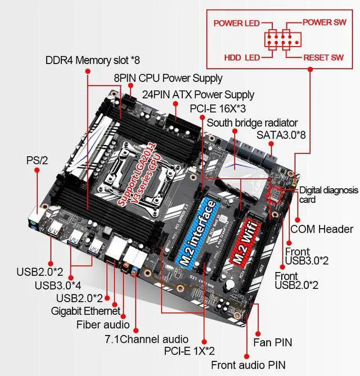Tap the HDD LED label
242,57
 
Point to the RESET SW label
323,57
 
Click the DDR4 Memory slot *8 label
93,60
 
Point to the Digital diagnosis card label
328,194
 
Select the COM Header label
322,229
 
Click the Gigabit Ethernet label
85,310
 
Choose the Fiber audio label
103,324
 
